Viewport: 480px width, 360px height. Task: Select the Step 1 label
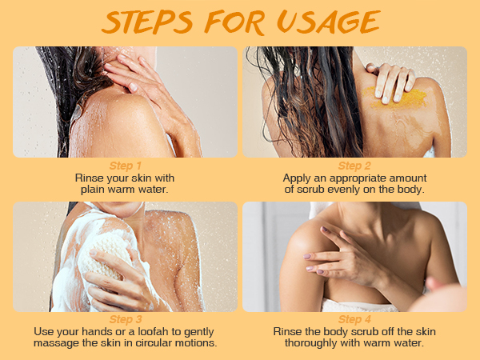(126, 166)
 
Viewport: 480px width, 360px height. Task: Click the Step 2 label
(356, 166)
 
